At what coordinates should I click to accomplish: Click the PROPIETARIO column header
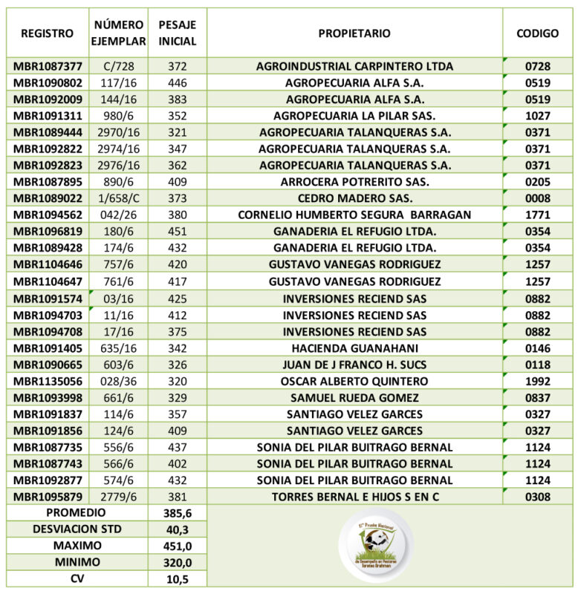(354, 33)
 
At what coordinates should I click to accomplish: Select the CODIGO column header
(537, 33)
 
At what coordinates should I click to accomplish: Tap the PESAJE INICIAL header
(178, 33)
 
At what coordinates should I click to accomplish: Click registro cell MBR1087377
(48, 66)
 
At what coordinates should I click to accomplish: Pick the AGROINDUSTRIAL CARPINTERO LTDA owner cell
(354, 66)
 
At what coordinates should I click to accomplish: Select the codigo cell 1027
(537, 116)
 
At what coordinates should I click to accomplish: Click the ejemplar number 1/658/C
(118, 198)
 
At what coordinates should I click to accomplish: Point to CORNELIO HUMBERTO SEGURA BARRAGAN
(354, 215)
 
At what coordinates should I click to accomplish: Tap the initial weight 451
(178, 232)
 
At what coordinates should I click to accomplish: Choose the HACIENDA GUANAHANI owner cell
(354, 348)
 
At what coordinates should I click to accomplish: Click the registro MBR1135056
(48, 381)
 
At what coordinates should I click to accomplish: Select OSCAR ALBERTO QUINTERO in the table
(354, 381)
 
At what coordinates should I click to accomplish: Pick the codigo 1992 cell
(537, 381)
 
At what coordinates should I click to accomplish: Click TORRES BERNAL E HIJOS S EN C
(354, 497)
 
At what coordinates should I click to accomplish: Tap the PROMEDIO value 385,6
(178, 513)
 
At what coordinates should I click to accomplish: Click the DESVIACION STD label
(76, 529)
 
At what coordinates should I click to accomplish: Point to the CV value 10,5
(178, 578)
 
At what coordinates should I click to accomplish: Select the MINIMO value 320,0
(178, 562)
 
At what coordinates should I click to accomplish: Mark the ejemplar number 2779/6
(118, 497)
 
